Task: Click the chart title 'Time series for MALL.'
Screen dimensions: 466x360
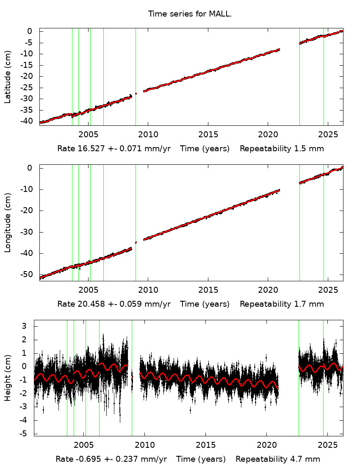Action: (x=190, y=14)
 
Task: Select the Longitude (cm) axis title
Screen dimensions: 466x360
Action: (x=8, y=223)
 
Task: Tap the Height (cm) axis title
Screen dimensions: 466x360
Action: (x=8, y=378)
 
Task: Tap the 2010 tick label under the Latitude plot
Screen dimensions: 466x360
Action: (x=148, y=135)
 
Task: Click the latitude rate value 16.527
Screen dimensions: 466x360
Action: (x=89, y=149)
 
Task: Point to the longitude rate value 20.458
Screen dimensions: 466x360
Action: (x=89, y=304)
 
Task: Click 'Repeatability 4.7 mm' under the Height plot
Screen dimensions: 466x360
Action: (x=278, y=459)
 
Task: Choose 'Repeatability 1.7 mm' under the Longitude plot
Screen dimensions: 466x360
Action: (x=282, y=304)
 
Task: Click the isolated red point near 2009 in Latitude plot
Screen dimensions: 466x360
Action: (x=136, y=93)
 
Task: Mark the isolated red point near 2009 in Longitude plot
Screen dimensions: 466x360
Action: (x=136, y=242)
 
